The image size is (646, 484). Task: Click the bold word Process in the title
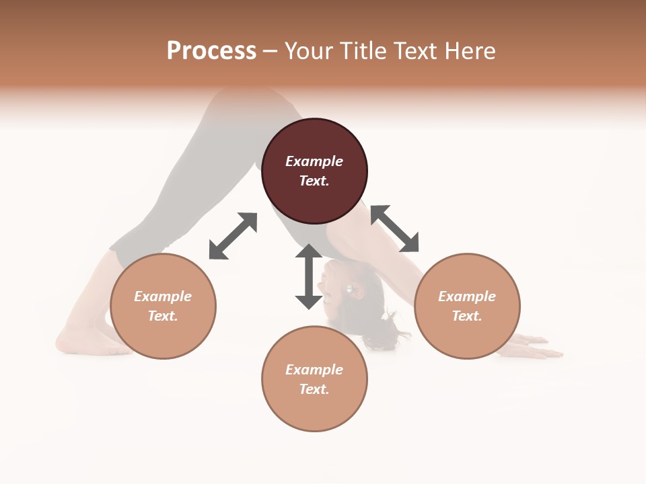coord(211,51)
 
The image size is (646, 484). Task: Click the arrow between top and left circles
coord(233,236)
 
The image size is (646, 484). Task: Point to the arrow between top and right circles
coord(394,229)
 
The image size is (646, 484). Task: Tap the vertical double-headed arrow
coord(309,277)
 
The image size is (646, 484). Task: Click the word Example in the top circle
coord(314,161)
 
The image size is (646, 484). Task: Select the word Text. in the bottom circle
coord(314,389)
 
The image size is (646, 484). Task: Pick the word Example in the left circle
coord(163,296)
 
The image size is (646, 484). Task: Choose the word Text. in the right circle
coord(467,316)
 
